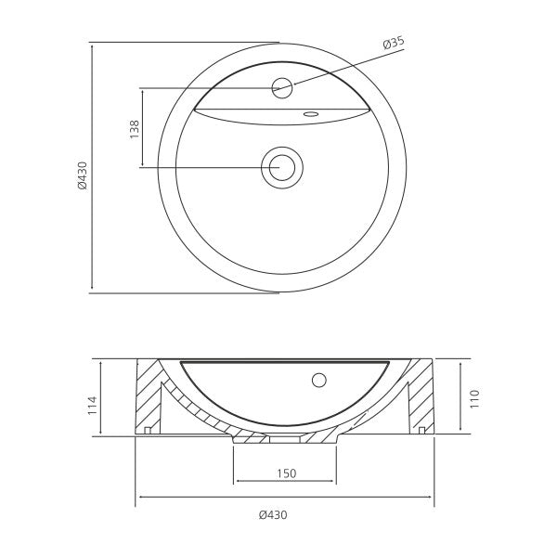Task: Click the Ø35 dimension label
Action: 394,43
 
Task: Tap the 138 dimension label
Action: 135,129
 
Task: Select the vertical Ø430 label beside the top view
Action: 83,175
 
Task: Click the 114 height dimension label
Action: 92,405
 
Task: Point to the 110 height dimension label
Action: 474,399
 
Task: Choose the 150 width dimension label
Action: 286,473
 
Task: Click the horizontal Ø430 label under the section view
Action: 273,514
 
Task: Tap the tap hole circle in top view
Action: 282,88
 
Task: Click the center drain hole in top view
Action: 282,167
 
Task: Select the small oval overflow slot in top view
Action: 311,114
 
